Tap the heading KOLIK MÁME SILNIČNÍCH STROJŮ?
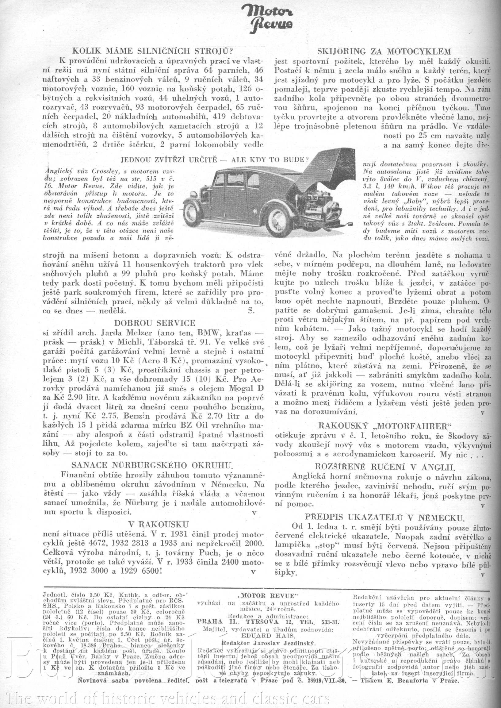pos(152,51)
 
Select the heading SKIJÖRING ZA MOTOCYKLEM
pos(384,51)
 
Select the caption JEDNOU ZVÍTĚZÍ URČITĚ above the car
pos(214,160)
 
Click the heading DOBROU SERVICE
pos(155,323)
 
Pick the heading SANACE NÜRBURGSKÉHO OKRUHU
pos(152,465)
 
